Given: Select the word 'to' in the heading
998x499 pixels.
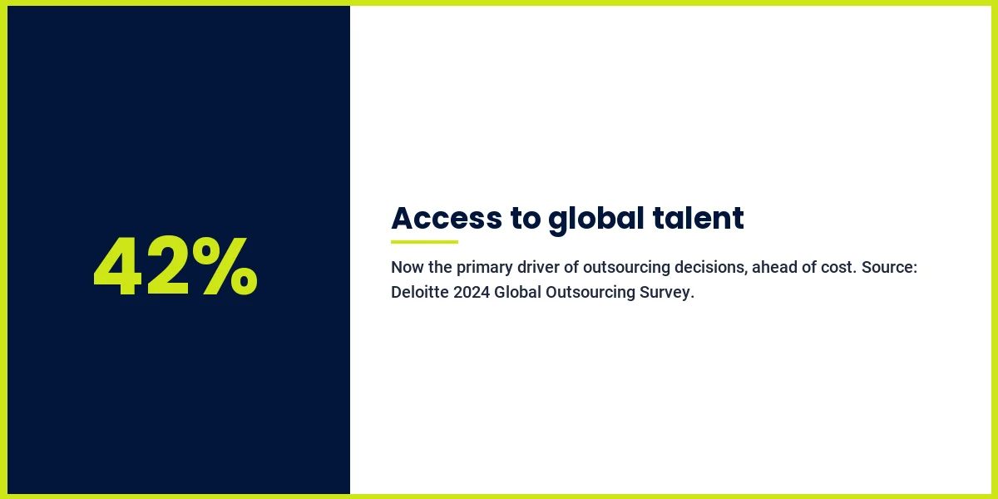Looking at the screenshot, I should [525, 218].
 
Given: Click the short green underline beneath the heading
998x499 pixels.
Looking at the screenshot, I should [424, 242].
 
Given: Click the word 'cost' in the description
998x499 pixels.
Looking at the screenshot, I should [837, 269].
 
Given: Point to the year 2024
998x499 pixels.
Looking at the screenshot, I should [472, 294].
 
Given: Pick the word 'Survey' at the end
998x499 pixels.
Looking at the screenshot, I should [666, 294].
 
